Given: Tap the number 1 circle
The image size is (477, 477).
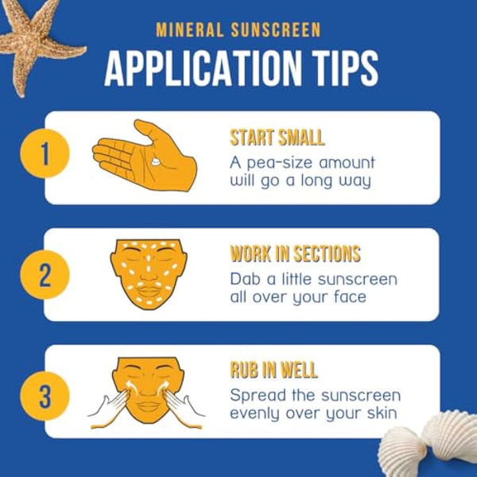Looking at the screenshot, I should [45, 155].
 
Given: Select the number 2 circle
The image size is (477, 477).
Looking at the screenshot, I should [45, 275].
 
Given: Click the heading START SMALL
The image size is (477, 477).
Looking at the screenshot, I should [277, 137].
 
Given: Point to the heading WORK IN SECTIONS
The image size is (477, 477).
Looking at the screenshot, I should [295, 254].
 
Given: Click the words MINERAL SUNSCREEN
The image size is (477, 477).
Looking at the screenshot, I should [238, 31].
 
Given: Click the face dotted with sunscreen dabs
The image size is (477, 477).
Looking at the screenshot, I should [147, 274].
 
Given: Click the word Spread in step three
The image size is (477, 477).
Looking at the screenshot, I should [255, 395].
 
